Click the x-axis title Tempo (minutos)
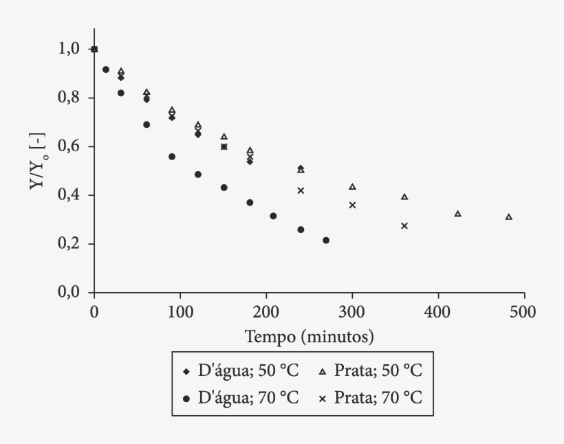click(x=309, y=337)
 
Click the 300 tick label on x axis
click(x=352, y=311)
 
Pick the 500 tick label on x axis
click(x=524, y=311)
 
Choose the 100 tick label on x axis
click(x=180, y=311)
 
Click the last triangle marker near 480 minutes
click(x=509, y=217)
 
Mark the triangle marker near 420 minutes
click(x=457, y=214)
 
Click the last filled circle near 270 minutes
click(x=326, y=241)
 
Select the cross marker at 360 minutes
click(x=404, y=225)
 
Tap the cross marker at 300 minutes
click(x=352, y=205)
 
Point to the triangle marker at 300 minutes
click(x=352, y=186)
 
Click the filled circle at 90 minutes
click(x=172, y=157)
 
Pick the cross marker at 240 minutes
click(x=301, y=190)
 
